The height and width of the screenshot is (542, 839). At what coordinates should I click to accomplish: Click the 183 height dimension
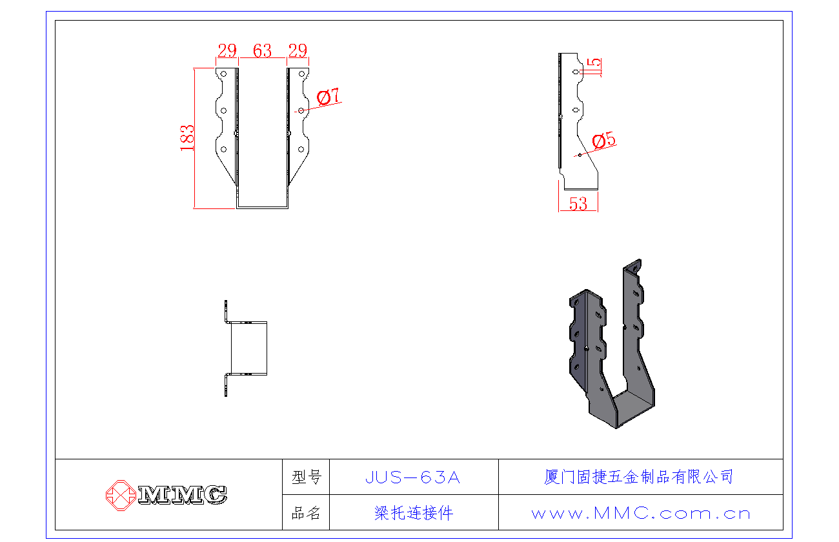coord(187,137)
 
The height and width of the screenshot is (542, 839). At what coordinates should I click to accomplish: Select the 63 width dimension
coord(262,51)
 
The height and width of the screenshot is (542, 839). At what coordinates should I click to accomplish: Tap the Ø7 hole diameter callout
coord(329,97)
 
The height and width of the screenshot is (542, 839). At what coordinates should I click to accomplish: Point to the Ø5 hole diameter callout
coord(603,140)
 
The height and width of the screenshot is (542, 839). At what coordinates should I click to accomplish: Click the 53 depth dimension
coord(578,204)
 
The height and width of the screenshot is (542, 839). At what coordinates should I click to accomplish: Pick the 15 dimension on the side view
coord(595,66)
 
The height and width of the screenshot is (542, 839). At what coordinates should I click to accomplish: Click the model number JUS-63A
coord(413,477)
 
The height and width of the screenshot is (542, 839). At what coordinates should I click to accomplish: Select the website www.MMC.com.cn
coord(641,514)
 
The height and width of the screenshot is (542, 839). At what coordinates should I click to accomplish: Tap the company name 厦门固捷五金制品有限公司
coord(639,477)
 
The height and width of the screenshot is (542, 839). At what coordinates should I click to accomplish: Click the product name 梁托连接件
coord(414,514)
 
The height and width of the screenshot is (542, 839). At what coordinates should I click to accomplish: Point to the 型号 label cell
coord(306,477)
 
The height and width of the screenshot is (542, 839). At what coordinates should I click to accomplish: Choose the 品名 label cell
coord(306,514)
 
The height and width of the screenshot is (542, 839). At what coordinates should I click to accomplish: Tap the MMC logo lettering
coord(182,495)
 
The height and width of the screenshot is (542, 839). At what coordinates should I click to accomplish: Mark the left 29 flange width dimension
coord(227,51)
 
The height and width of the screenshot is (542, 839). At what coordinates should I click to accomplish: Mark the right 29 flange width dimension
coord(298,51)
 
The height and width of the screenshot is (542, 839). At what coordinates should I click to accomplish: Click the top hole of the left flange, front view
coord(223,75)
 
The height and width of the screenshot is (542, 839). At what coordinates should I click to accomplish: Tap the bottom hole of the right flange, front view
coord(301,150)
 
